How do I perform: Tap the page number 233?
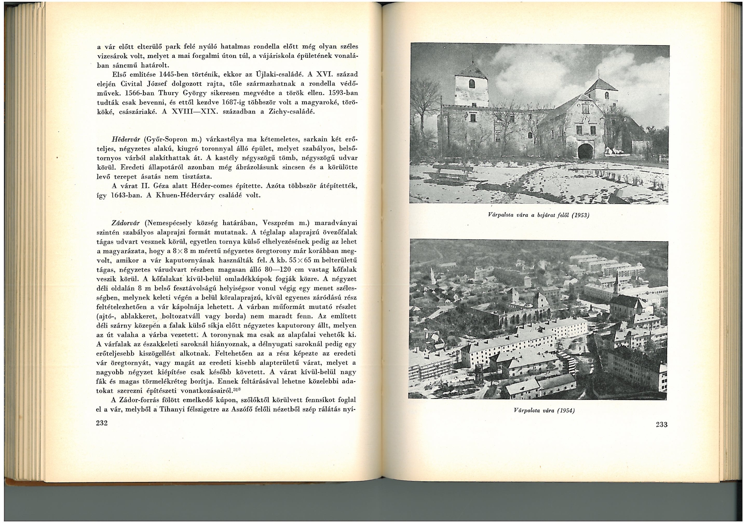(x=661, y=425)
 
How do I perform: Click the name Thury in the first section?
(x=169, y=93)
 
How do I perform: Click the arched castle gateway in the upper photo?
(x=585, y=152)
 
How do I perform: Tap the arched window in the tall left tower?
(x=471, y=83)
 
